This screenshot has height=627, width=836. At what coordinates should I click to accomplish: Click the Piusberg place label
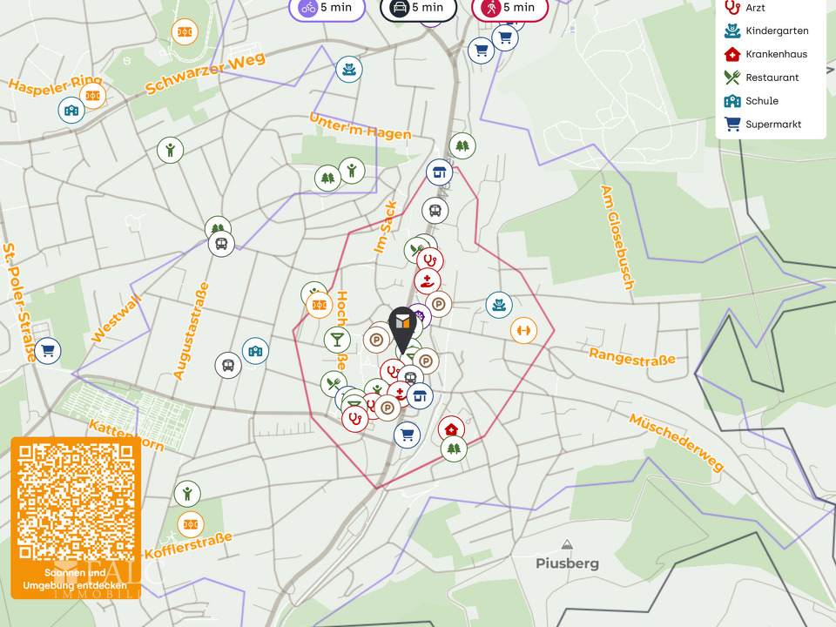coord(567,563)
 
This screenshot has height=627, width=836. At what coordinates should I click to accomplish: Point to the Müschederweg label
coord(676,442)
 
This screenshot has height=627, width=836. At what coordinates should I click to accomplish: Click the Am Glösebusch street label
coord(616,237)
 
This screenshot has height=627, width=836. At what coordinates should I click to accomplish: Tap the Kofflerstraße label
coord(189,546)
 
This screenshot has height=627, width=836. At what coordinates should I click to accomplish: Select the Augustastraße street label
coord(192,331)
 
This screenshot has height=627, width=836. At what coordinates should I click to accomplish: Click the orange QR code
coord(76,502)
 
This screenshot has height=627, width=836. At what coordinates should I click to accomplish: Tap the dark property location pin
coord(401,327)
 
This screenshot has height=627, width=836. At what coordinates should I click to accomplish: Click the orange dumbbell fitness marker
coord(523,330)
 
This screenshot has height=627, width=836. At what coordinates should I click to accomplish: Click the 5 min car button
coord(417,8)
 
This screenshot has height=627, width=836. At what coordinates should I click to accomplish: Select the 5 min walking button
coord(509,8)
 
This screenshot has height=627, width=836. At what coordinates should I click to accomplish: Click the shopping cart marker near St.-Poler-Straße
coord(48,350)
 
